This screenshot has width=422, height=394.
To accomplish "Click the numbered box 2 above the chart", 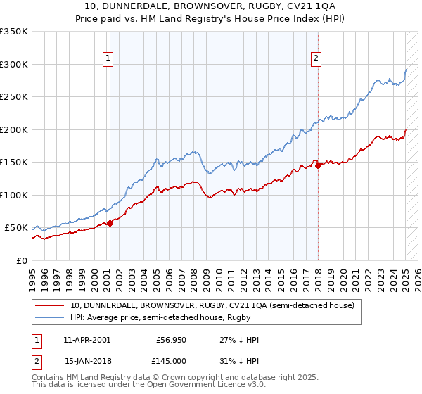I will coord(316,59).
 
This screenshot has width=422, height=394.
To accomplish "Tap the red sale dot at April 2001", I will coord(110,223).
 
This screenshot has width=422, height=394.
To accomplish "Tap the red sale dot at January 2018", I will coord(318,166).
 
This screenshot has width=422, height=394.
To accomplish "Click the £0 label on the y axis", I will coord(21,260).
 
